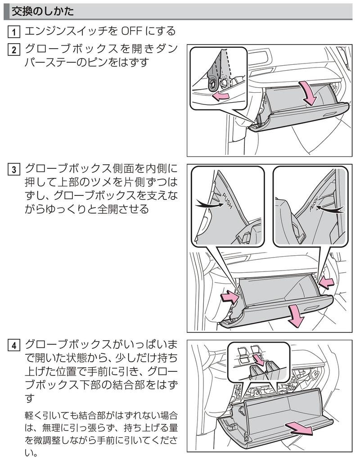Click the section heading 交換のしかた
pyautogui.click(x=43, y=12)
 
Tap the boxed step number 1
pyautogui.click(x=14, y=32)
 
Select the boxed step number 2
pyautogui.click(x=14, y=49)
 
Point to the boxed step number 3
pyautogui.click(x=14, y=170)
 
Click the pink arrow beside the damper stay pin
pyautogui.click(x=220, y=96)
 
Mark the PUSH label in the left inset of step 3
pyautogui.click(x=227, y=201)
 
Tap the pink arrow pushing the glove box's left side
pyautogui.click(x=230, y=297)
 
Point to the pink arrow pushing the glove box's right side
pyautogui.click(x=326, y=283)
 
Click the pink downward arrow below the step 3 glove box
pyautogui.click(x=296, y=316)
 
